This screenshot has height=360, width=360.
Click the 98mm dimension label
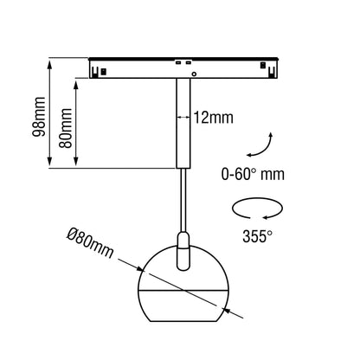39,117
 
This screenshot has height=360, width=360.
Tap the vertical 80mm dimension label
65,128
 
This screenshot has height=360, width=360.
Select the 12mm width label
213,118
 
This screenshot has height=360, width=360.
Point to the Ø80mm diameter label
90,242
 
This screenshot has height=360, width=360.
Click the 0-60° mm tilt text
253,174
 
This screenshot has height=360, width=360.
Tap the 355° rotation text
257,236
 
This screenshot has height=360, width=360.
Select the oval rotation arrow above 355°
257,208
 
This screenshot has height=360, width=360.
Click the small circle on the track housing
194,74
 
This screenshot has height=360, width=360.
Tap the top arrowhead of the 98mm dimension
49,64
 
